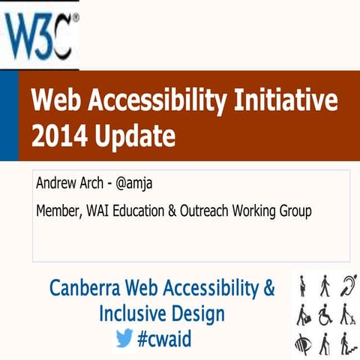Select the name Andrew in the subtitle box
57,185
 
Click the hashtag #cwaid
164,339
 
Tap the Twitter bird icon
124,339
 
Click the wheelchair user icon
325,313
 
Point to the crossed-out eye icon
301,342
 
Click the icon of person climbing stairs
348,342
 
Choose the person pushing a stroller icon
348,313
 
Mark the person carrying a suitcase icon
301,313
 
